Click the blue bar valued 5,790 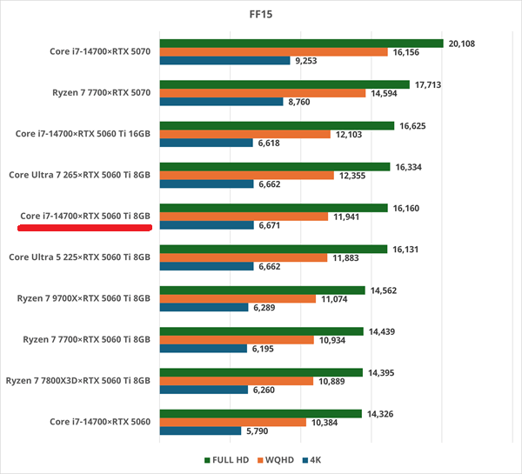tap(200, 431)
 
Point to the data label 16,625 tap(417, 125)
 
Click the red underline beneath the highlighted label tap(85, 227)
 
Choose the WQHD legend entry tap(284, 460)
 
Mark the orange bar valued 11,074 tap(238, 298)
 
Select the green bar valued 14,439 tap(261, 331)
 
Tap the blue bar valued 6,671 tap(205, 225)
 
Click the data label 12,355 tap(357, 176)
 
